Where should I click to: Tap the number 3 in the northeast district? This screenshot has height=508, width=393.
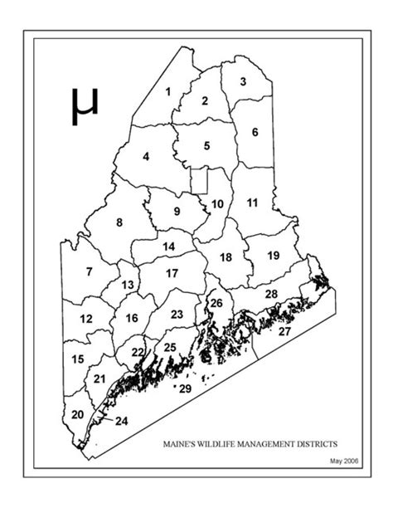pyautogui.click(x=243, y=81)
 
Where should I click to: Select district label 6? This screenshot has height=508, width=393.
pyautogui.click(x=255, y=132)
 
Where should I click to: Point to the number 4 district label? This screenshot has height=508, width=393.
pyautogui.click(x=146, y=156)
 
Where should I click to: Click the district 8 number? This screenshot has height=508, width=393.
pyautogui.click(x=119, y=222)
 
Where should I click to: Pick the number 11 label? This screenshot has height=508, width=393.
pyautogui.click(x=253, y=203)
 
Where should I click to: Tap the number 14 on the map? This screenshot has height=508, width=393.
pyautogui.click(x=168, y=247)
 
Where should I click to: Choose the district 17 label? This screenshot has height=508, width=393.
pyautogui.click(x=172, y=273)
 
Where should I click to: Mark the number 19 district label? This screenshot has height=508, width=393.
pyautogui.click(x=273, y=256)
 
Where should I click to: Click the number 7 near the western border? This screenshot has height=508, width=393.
pyautogui.click(x=89, y=271)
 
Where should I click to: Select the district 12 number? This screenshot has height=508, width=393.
pyautogui.click(x=85, y=319)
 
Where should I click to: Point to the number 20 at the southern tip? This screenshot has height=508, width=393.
pyautogui.click(x=77, y=415)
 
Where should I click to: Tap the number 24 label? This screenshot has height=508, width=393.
pyautogui.click(x=122, y=421)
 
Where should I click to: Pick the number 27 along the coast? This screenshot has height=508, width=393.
pyautogui.click(x=284, y=331)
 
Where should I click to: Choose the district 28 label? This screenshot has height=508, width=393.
pyautogui.click(x=271, y=295)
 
